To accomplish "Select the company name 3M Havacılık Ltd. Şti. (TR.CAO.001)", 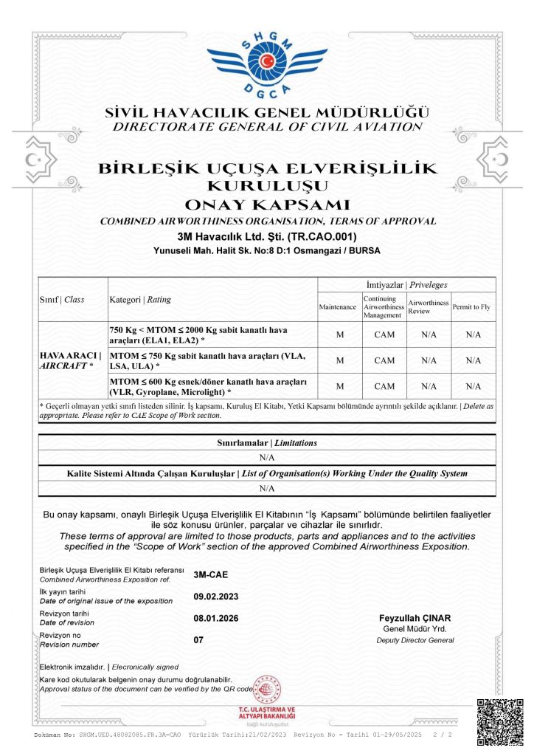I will [267, 237].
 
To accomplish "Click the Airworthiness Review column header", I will [429, 306].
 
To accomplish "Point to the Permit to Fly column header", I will [473, 306].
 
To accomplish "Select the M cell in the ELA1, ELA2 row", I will [339, 334].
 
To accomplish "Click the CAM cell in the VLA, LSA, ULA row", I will [384, 360].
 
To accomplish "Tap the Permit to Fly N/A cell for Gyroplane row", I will [473, 386].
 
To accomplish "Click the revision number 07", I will [198, 640].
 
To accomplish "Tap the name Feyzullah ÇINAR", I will [414, 617].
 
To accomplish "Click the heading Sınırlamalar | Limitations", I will [267, 442].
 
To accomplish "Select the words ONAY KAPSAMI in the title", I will [267, 205].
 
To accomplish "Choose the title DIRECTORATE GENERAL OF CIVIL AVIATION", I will [267, 127].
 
